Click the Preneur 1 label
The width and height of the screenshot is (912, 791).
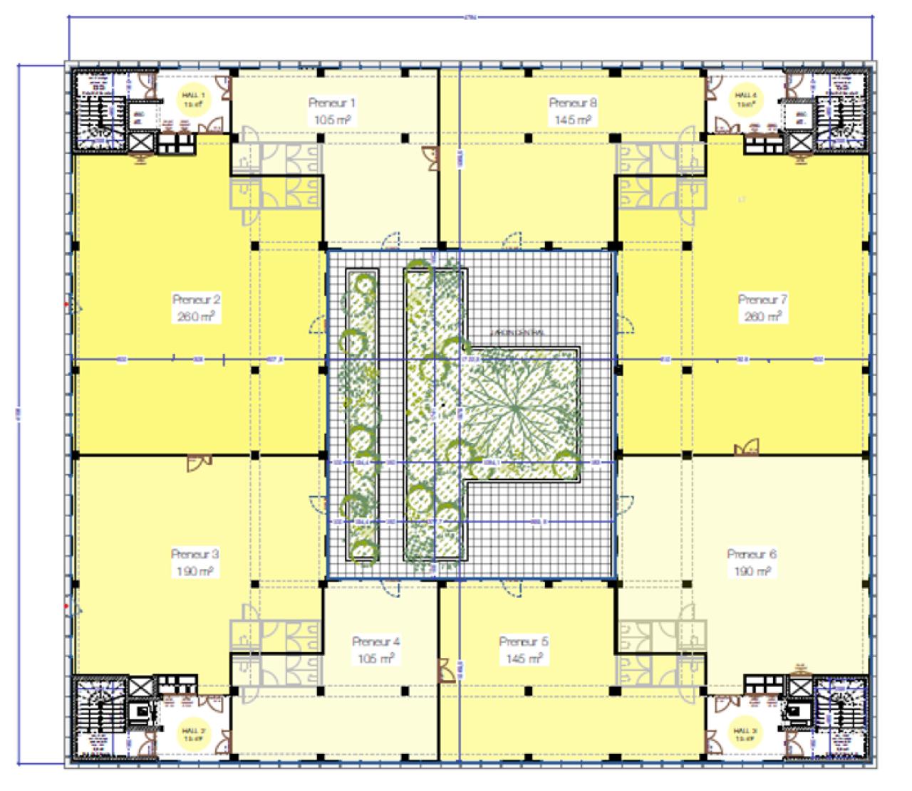[331, 103]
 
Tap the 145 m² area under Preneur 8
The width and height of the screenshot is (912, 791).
[573, 120]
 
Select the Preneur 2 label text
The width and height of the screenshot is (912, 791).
[196, 300]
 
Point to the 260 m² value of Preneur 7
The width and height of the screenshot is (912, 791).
[762, 316]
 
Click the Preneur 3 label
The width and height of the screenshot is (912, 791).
[195, 554]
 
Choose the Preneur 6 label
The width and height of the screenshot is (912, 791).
[752, 554]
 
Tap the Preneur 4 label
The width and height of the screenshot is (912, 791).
[375, 641]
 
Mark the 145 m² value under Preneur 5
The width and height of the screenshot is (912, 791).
[524, 659]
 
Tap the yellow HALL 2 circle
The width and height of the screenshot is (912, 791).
[193, 734]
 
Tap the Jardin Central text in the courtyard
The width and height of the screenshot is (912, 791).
[517, 332]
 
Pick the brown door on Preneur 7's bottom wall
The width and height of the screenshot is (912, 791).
[747, 448]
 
